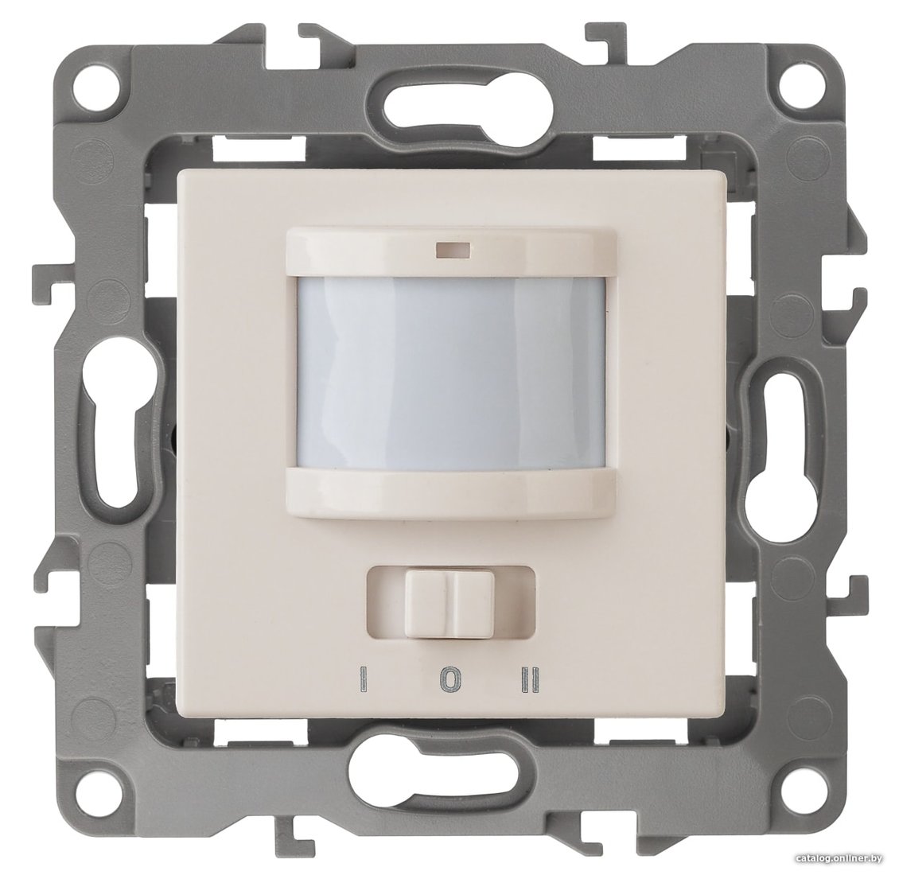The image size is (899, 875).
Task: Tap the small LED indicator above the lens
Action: click(x=453, y=250)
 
